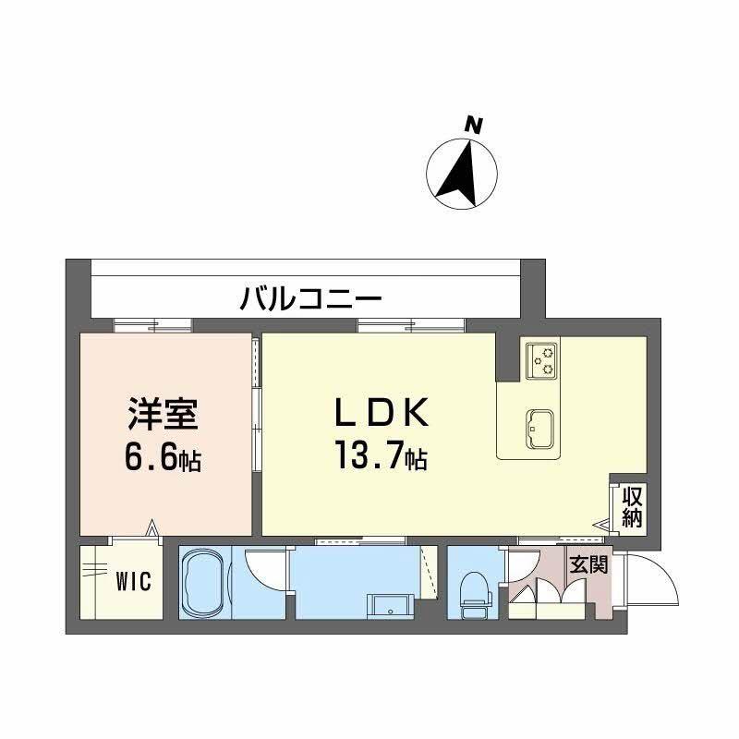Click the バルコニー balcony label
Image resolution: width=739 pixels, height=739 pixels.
[311, 298]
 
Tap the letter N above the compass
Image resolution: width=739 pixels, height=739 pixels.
[474, 126]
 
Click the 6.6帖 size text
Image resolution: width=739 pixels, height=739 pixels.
[164, 458]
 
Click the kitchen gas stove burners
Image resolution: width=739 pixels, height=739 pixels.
[541, 360]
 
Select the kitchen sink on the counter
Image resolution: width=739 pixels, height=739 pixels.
[539, 426]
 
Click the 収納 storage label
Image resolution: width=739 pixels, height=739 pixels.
[632, 506]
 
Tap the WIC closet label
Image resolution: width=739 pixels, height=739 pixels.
[133, 583]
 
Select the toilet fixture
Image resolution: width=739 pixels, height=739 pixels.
[473, 591]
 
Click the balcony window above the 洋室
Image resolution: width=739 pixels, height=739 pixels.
[153, 324]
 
